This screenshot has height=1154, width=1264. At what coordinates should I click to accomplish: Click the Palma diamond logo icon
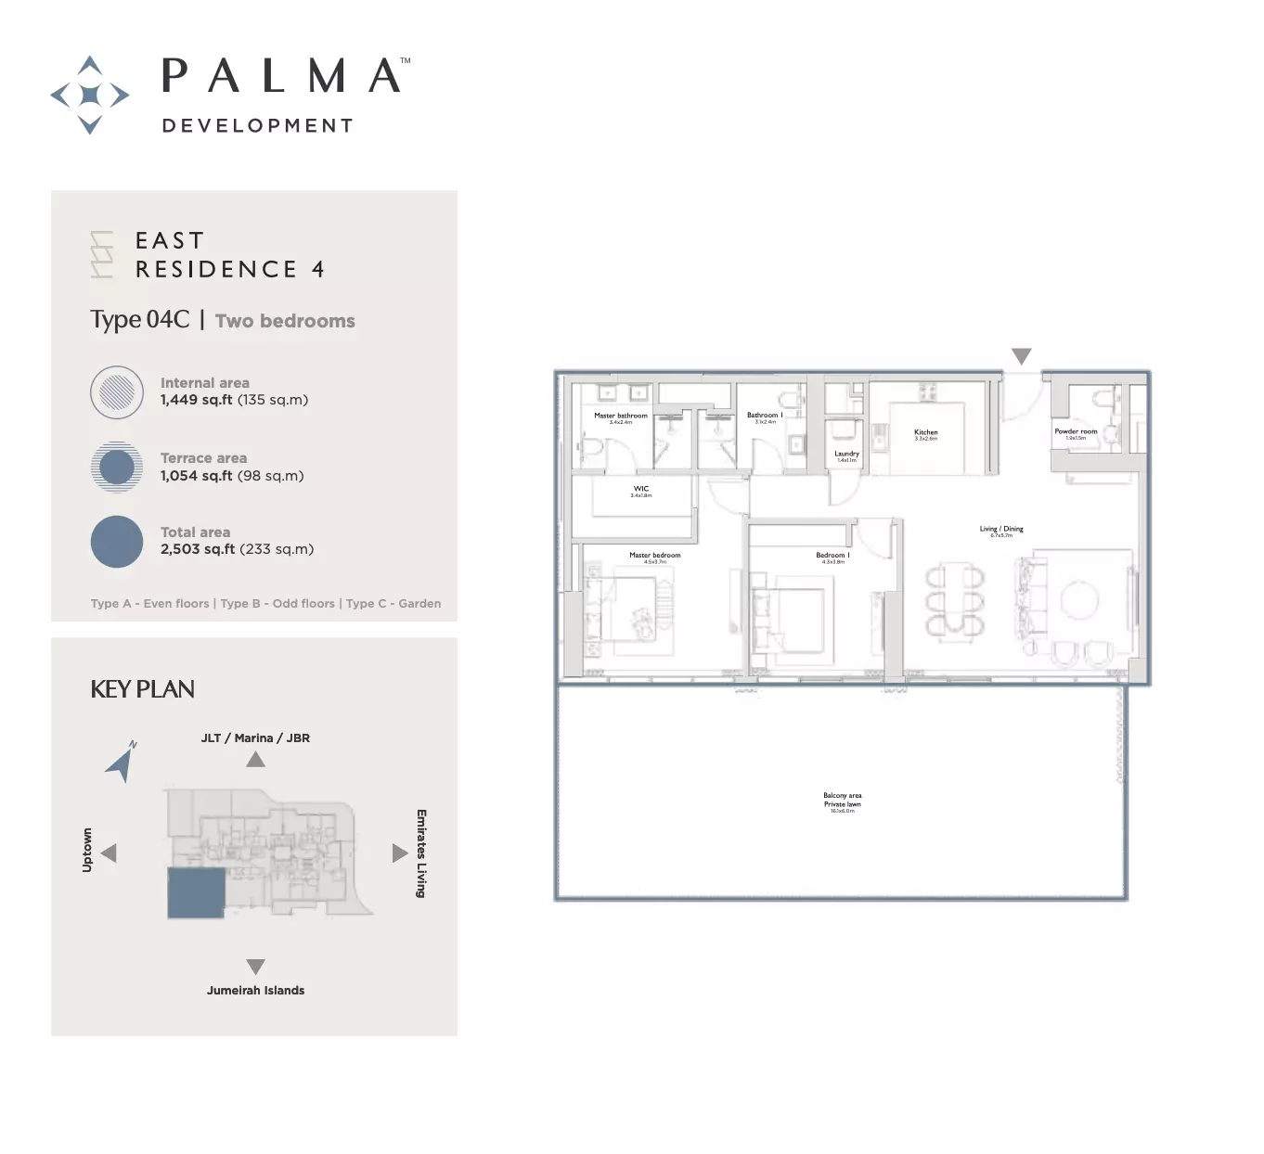click(x=89, y=95)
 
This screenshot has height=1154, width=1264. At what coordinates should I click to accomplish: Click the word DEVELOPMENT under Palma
click(x=257, y=126)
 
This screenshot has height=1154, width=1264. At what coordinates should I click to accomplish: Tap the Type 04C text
click(x=140, y=320)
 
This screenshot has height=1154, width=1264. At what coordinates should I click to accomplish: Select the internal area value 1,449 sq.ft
click(x=197, y=400)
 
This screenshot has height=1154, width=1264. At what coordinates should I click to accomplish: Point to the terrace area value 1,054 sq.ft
click(x=197, y=476)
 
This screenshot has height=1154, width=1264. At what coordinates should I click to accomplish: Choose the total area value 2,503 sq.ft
click(x=198, y=549)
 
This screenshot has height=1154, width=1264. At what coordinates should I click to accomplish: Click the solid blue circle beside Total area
click(x=117, y=542)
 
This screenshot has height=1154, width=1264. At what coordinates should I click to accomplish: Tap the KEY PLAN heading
click(x=142, y=689)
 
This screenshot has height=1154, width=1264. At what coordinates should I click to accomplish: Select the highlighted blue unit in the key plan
click(x=196, y=892)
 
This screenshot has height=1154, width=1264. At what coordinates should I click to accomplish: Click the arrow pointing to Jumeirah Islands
click(x=256, y=966)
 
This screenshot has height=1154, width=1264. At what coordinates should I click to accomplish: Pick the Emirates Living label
click(x=421, y=853)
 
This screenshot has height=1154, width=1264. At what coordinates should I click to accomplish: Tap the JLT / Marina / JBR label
click(x=255, y=738)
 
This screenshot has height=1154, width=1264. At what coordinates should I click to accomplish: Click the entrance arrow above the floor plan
click(x=1022, y=356)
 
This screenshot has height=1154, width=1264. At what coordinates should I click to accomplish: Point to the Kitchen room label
click(x=926, y=433)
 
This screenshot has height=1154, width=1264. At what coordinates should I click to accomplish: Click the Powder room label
click(x=1076, y=432)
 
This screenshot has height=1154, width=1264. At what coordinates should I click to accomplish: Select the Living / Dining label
click(x=1001, y=530)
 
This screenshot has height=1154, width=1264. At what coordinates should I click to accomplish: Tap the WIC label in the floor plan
click(x=641, y=489)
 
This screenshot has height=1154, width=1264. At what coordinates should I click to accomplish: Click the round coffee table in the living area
click(x=1079, y=600)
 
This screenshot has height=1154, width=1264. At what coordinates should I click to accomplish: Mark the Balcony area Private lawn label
click(x=843, y=800)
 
